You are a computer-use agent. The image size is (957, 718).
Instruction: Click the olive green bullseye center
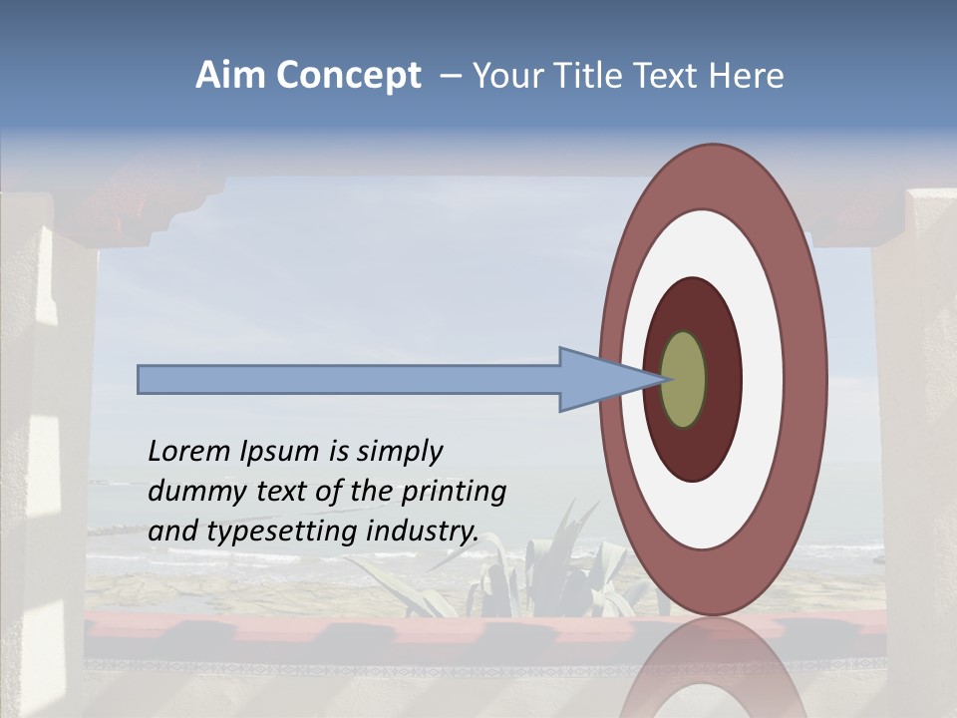684,380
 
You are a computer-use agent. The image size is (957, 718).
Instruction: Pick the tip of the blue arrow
660,379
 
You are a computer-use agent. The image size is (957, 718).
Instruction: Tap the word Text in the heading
669,76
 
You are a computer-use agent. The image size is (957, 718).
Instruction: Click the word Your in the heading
504,76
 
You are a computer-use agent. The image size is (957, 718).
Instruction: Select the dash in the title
450,77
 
